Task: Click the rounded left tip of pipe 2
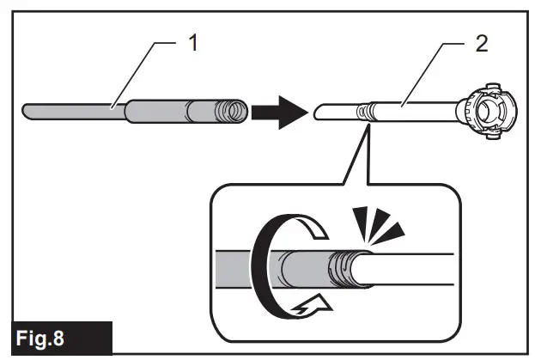pyautogui.click(x=317, y=111)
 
